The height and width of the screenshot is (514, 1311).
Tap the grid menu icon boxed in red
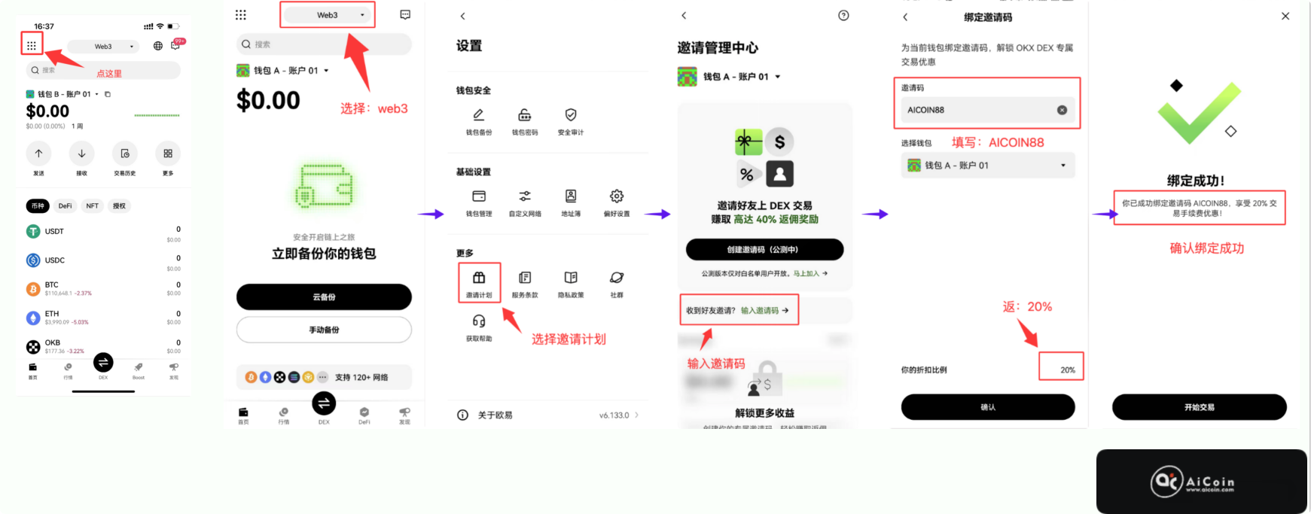(x=32, y=45)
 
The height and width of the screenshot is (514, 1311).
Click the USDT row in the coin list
(x=103, y=233)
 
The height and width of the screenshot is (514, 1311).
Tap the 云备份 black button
(x=324, y=297)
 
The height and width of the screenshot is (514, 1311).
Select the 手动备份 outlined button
(x=324, y=330)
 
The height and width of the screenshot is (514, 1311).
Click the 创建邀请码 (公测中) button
(x=764, y=249)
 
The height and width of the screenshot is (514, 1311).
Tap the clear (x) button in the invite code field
(x=1062, y=110)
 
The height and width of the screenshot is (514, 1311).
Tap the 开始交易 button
(x=1199, y=407)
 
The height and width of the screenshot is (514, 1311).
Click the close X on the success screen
(x=1285, y=16)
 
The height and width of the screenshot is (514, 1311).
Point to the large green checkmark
(x=1199, y=113)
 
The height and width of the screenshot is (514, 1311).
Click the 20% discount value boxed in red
(x=1067, y=370)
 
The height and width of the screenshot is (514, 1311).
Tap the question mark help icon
(x=843, y=16)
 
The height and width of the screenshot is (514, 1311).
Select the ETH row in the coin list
(x=103, y=318)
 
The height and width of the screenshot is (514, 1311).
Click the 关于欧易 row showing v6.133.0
(x=548, y=415)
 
